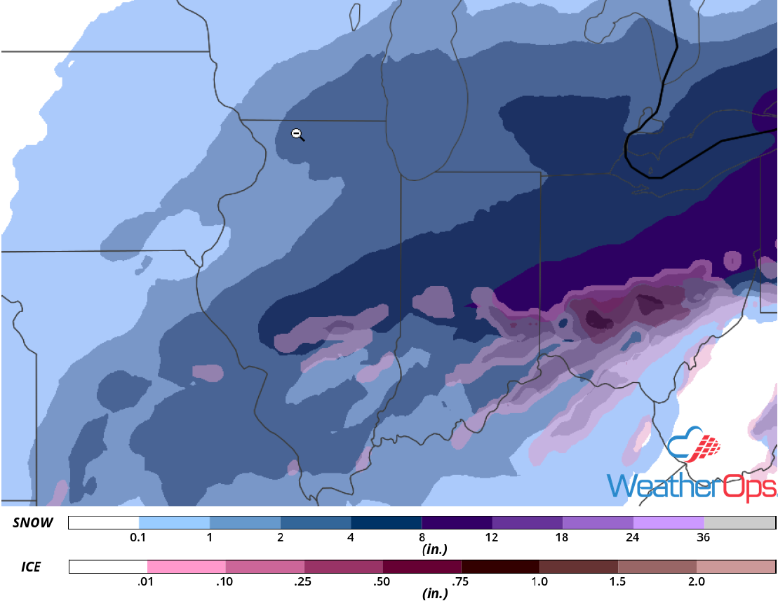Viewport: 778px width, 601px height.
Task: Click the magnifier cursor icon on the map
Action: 297,133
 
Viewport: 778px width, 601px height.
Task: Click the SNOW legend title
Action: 32,522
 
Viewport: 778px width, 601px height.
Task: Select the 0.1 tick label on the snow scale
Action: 138,538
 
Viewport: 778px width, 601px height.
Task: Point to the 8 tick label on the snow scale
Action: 421,538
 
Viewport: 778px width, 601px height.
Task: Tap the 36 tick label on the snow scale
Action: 704,538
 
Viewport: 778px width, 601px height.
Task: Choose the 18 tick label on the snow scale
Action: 562,538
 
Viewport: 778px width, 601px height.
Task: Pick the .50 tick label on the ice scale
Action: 382,581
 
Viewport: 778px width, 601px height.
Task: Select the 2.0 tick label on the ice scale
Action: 696,581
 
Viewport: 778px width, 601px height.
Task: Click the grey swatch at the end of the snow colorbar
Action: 739,523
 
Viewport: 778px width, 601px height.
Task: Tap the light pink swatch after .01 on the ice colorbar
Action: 187,566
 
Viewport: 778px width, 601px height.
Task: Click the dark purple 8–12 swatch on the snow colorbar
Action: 456,523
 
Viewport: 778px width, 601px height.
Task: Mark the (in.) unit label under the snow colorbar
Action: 435,550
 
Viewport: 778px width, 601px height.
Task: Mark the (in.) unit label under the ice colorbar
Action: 435,593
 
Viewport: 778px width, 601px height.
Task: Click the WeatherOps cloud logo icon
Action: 695,447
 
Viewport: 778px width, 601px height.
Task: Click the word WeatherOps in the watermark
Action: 691,486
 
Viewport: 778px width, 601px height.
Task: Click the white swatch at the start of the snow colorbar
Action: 104,523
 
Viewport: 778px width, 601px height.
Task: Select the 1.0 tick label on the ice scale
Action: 539,581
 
